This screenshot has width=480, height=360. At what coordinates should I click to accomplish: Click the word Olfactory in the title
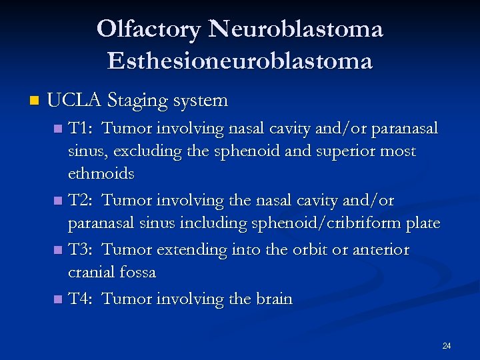pyautogui.click(x=148, y=29)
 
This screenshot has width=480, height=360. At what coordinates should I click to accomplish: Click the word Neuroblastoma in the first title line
pyautogui.click(x=295, y=29)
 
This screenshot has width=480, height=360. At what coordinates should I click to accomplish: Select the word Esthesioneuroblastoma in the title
pyautogui.click(x=239, y=61)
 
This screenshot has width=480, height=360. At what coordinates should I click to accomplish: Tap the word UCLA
pyautogui.click(x=74, y=101)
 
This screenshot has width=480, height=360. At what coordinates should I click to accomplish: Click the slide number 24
pyautogui.click(x=447, y=345)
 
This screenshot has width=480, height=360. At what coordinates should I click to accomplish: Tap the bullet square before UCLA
pyautogui.click(x=35, y=101)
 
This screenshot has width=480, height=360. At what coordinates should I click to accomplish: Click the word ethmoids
pyautogui.click(x=101, y=174)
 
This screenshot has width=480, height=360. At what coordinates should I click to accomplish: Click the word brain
pyautogui.click(x=273, y=299)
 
